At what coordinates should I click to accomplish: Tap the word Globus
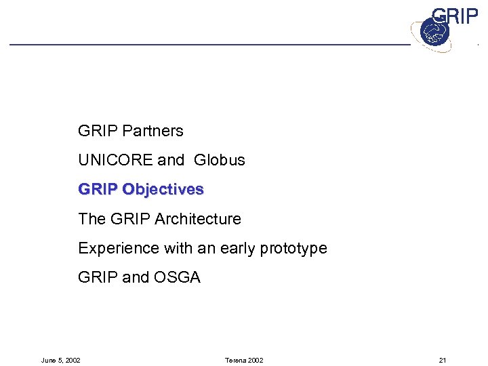[219, 160]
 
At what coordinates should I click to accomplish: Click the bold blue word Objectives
[163, 190]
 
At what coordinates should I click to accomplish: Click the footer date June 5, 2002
[61, 360]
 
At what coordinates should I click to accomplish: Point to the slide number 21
[443, 360]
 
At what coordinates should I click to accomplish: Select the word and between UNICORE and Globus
[171, 160]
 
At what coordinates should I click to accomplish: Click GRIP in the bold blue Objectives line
[98, 190]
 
